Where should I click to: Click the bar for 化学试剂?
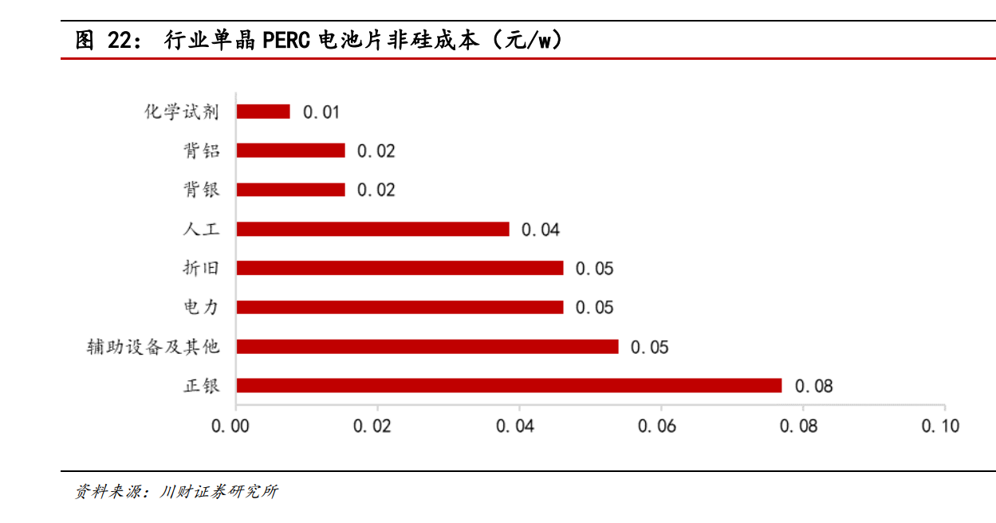coord(263,112)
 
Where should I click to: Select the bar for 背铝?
coord(290,151)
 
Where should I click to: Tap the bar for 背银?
coord(290,190)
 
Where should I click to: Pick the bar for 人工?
coord(372,229)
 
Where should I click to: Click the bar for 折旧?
coord(400,268)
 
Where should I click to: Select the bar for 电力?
coord(400,307)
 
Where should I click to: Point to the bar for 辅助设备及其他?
coord(427,346)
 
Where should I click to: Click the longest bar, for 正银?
coord(509,385)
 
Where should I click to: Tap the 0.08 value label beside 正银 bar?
coord(813,387)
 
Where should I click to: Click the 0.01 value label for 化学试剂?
coord(321,112)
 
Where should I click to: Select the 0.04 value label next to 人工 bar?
coord(541,230)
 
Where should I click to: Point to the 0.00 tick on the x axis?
coord(230,427)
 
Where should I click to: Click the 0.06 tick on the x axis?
coord(657,427)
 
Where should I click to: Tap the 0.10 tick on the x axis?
coord(940,427)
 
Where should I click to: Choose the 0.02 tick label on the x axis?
coord(372,427)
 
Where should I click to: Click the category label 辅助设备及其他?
coord(153,347)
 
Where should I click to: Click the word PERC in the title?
coord(285,40)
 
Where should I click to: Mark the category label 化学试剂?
coord(181,112)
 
